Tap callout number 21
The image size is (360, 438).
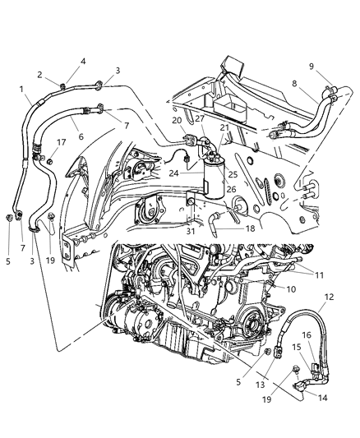[x=224, y=128]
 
